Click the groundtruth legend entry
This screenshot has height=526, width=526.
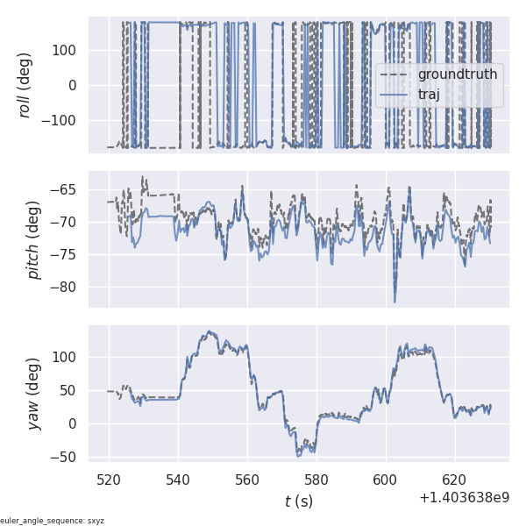click(457, 75)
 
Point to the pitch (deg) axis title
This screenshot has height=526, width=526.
click(35, 239)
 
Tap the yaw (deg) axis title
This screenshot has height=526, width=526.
click(35, 394)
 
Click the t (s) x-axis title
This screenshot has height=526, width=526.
click(299, 501)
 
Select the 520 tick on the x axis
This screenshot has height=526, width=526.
click(110, 480)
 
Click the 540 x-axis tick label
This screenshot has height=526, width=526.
click(179, 480)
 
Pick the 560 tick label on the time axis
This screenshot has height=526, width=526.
click(247, 480)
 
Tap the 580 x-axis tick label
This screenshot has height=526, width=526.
click(316, 480)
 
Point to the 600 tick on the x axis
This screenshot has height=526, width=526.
click(386, 480)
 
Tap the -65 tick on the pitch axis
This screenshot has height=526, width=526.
click(70, 189)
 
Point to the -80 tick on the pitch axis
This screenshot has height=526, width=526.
click(70, 287)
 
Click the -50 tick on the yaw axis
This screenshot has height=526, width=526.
click(70, 457)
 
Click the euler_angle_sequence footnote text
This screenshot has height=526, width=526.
click(53, 521)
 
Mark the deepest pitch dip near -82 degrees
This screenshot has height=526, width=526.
click(394, 302)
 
